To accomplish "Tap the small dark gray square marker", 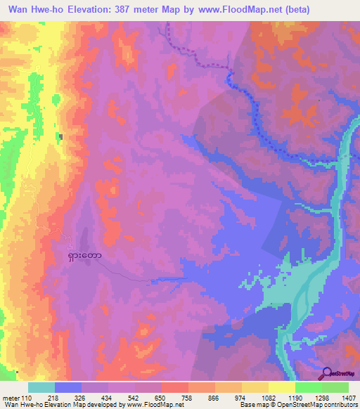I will tap(61, 136).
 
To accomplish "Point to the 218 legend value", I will tap(54, 398).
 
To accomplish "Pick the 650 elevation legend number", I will tap(161, 398).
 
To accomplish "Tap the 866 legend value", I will tap(214, 398).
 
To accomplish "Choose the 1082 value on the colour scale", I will tap(268, 398).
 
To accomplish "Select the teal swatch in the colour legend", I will tap(41, 387).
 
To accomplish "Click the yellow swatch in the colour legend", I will tap(281, 387).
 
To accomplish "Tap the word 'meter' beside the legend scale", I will tap(11, 398).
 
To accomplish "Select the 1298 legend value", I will tap(321, 398).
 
